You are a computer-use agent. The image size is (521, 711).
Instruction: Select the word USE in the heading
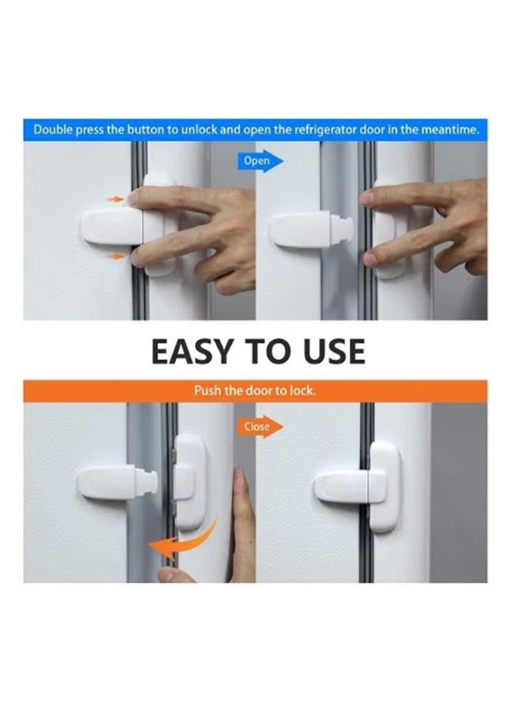point(332,352)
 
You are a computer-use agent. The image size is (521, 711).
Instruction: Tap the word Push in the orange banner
point(207,391)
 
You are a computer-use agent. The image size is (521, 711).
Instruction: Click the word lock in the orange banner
point(302,391)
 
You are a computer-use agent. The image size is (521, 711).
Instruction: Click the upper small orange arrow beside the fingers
point(115,200)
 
